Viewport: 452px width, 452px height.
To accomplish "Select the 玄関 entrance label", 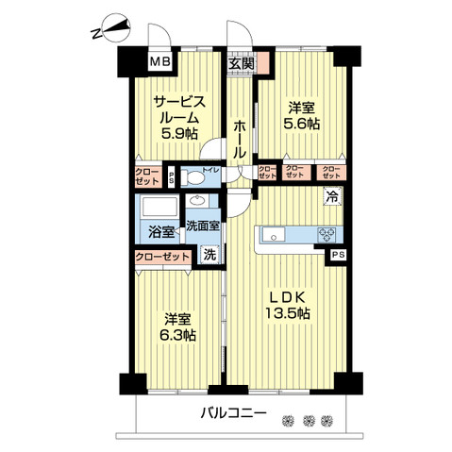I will [x=242, y=64].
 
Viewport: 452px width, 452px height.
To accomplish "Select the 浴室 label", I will [x=160, y=231].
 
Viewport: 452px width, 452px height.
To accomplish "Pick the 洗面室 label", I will [x=202, y=226].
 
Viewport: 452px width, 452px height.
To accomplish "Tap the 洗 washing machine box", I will [x=210, y=253].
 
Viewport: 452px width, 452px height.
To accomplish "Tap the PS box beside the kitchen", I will [x=337, y=255].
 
